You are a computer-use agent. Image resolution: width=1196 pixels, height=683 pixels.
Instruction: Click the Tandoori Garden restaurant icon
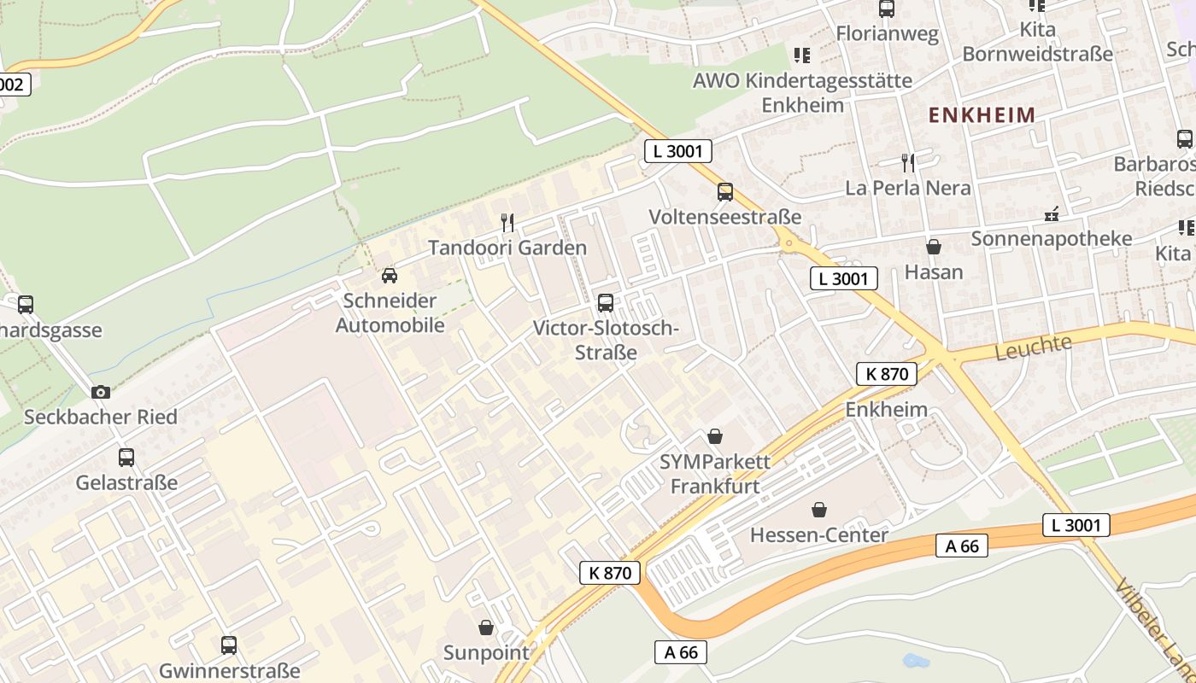tap(507, 223)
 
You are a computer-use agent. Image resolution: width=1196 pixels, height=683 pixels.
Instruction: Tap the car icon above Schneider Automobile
tap(390, 276)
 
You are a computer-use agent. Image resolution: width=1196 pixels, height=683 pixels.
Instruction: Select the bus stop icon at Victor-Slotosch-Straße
tap(606, 302)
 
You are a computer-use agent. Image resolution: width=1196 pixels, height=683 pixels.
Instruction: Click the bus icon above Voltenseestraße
tap(725, 192)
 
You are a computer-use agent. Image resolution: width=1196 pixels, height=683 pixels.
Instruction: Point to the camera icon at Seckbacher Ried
tap(101, 392)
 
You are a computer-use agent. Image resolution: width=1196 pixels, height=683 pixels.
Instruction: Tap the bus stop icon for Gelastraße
tap(126, 458)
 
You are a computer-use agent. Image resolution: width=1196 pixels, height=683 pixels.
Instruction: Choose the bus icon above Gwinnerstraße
tap(229, 645)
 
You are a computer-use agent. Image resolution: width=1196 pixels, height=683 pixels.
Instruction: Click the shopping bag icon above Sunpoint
tap(486, 628)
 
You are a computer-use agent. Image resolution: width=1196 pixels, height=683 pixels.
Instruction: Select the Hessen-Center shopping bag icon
tap(819, 511)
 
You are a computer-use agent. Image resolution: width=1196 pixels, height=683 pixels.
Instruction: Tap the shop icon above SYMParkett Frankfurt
tap(715, 437)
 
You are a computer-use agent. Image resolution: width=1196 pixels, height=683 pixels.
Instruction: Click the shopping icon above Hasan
tap(934, 248)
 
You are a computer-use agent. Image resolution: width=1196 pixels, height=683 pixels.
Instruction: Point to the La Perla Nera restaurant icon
tap(908, 162)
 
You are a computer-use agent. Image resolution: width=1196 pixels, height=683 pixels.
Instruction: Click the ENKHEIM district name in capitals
tap(982, 114)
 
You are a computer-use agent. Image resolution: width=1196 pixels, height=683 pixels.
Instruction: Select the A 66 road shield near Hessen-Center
tap(962, 546)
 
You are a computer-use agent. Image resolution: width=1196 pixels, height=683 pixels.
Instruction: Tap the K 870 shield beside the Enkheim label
tap(886, 373)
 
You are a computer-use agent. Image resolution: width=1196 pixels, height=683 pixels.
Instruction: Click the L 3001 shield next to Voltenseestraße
tap(677, 152)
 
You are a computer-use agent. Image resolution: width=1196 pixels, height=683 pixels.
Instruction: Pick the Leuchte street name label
tap(1034, 347)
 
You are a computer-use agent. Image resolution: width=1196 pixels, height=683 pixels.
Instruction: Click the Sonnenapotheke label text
tap(1051, 239)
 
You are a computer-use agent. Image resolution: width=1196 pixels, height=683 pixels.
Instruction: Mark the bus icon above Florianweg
tap(887, 9)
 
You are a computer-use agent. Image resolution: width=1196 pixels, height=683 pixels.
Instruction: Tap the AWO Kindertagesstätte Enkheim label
tap(802, 93)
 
